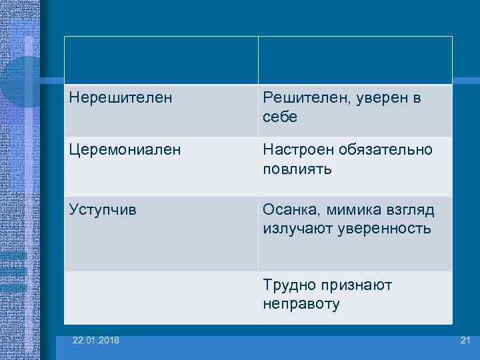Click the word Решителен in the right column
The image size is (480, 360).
click(x=301, y=98)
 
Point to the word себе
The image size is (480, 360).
click(x=280, y=117)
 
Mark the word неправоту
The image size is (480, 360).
click(x=301, y=305)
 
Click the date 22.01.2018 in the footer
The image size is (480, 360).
click(x=97, y=341)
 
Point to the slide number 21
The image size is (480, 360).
click(x=465, y=341)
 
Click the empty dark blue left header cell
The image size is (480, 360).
click(x=161, y=60)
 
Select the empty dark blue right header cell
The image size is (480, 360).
click(x=355, y=60)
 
